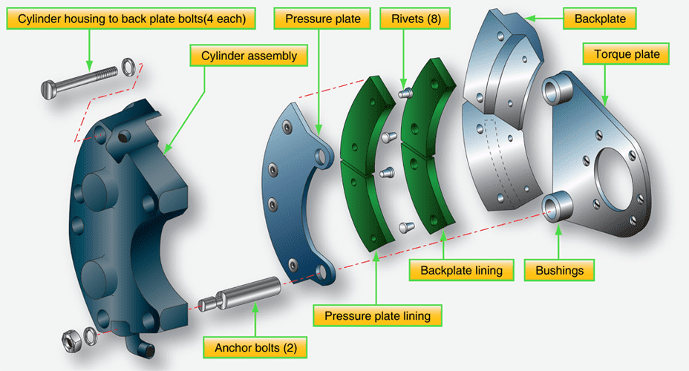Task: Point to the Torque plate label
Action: click(x=627, y=54)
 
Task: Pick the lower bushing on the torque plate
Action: click(x=556, y=205)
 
